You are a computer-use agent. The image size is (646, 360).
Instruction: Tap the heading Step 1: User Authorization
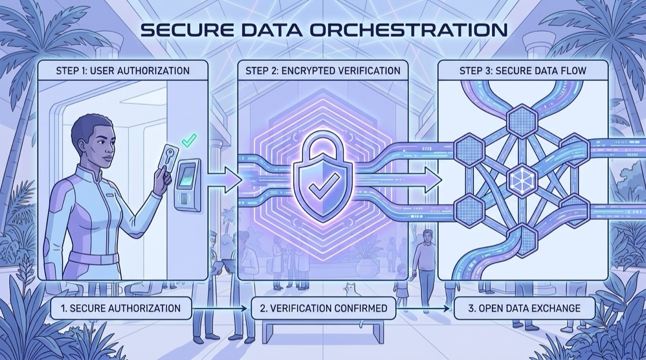(122, 70)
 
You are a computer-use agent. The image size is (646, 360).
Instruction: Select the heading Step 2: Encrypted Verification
(322, 70)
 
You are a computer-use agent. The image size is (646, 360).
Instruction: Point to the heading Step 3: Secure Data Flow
(522, 70)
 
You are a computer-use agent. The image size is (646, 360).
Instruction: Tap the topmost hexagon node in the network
(521, 119)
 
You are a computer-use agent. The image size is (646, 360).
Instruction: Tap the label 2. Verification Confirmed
(323, 308)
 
